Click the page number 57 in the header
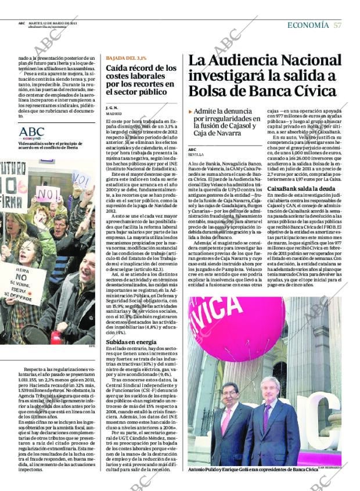point(337,25)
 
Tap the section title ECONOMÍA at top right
point(308,25)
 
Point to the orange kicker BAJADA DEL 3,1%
point(126,58)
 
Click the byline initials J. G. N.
point(112,108)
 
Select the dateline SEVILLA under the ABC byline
point(196,155)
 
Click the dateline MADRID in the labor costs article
point(114,114)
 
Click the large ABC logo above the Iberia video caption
point(31,132)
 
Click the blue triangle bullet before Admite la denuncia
point(190,111)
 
